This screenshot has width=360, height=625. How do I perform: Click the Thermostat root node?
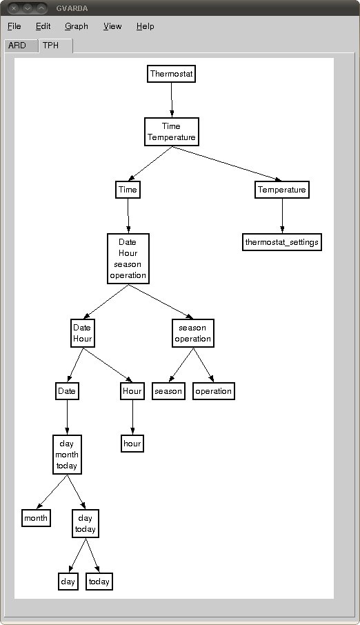click(x=172, y=74)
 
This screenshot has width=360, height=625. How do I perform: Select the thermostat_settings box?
click(x=282, y=242)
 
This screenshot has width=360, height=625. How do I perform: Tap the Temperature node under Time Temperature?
click(x=282, y=190)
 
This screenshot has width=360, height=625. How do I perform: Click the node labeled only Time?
click(x=128, y=190)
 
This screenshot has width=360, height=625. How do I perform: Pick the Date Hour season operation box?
click(x=128, y=259)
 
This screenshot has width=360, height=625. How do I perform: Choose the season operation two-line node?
click(x=193, y=333)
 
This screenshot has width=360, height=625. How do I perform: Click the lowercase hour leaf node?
click(x=132, y=444)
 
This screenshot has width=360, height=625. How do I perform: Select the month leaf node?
click(x=36, y=518)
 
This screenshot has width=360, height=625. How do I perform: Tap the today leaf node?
click(x=99, y=582)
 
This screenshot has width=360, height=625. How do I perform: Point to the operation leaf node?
click(x=214, y=391)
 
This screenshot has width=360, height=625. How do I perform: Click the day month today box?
click(x=67, y=455)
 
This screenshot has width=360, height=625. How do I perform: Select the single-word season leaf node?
click(x=168, y=391)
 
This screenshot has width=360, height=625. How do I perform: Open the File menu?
click(x=14, y=26)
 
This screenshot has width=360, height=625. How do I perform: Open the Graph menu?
click(x=76, y=26)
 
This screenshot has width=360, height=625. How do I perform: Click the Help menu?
click(x=145, y=26)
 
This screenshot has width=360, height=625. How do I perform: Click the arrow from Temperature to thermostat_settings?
click(x=282, y=216)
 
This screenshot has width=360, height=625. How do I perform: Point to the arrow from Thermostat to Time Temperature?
click(x=172, y=100)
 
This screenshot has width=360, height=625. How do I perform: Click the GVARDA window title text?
click(x=72, y=8)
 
